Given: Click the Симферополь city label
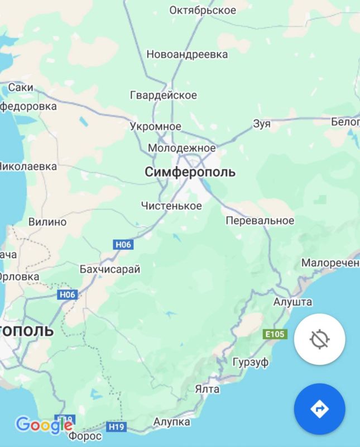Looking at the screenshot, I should (190, 172).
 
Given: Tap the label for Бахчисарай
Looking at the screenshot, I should (110, 269).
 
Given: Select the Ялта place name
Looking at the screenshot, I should (207, 389).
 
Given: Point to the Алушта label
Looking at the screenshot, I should (292, 302).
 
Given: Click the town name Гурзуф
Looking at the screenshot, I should (250, 363).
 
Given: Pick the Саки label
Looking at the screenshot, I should (21, 87).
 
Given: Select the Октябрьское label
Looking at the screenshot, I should (202, 10).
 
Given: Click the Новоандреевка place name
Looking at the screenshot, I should (187, 54).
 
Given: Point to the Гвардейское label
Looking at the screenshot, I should (163, 96).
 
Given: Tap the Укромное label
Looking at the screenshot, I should (155, 126).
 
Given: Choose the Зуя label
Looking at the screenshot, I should (261, 123).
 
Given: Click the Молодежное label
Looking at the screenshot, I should (181, 148).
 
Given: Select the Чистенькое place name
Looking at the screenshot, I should (171, 206).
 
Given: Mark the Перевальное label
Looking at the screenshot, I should (260, 221).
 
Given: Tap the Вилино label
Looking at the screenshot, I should (47, 222).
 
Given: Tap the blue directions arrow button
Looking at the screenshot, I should (320, 409).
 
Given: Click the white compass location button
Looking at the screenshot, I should (320, 339).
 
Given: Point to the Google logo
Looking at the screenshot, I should (44, 425).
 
